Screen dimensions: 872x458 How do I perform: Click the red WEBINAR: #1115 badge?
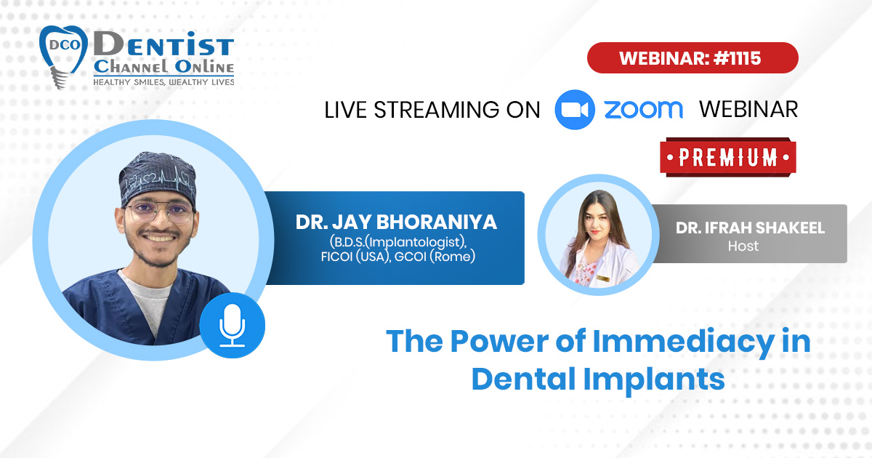(693, 57)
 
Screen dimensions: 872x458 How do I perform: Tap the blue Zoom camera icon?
(574, 110)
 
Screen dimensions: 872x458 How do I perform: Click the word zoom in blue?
(644, 110)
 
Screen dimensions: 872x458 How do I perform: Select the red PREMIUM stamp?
(728, 157)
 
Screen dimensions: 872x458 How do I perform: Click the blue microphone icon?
(233, 326)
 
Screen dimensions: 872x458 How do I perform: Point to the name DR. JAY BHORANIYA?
(396, 222)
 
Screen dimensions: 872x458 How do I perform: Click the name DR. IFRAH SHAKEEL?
(750, 228)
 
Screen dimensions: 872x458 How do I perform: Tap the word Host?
(743, 246)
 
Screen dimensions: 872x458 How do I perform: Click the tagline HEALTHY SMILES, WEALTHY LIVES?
(163, 82)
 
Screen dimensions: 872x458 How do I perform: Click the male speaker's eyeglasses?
(161, 212)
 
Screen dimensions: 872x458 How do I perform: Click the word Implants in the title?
(654, 379)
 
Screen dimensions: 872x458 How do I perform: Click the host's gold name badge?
(603, 278)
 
